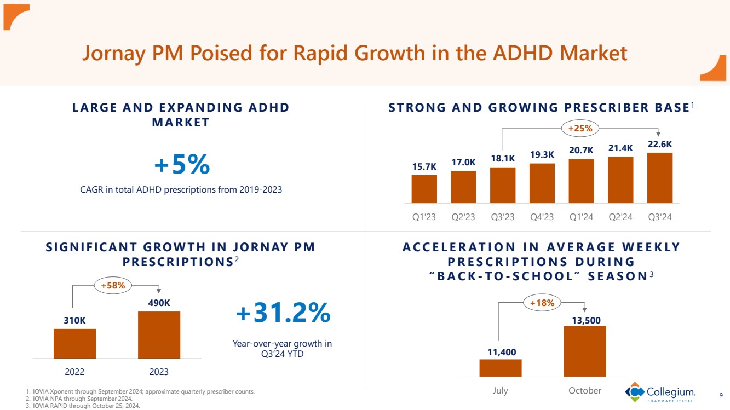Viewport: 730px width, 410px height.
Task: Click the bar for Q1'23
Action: click(424, 189)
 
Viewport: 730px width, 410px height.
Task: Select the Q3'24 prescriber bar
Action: click(660, 178)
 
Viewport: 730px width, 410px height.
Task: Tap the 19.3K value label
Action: click(542, 155)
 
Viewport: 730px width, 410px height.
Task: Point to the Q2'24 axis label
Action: click(620, 217)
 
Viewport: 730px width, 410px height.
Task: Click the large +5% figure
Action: click(182, 164)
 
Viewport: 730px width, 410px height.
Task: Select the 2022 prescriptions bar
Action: click(74, 344)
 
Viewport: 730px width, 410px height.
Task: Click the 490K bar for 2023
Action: click(159, 335)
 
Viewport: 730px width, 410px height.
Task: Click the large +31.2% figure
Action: click(283, 313)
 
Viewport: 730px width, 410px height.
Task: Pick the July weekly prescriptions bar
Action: click(500, 368)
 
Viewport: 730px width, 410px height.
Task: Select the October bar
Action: click(584, 351)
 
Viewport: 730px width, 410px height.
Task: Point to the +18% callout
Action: click(542, 302)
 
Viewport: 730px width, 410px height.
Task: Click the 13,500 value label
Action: click(584, 319)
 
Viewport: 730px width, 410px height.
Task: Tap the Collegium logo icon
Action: click(635, 392)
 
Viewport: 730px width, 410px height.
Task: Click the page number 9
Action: click(720, 394)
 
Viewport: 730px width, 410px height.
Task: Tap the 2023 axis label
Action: click(159, 372)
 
